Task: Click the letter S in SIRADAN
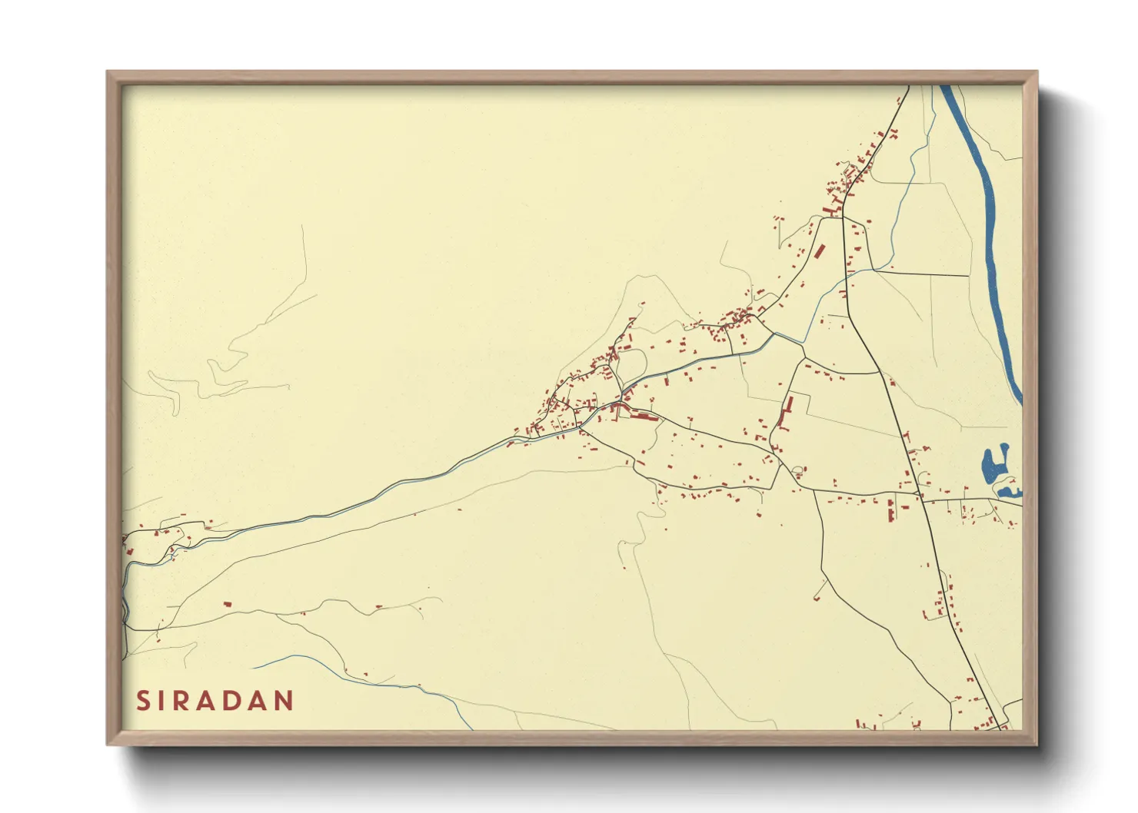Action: pyautogui.click(x=143, y=701)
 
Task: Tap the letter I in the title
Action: pyautogui.click(x=162, y=701)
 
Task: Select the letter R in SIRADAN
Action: pyautogui.click(x=182, y=701)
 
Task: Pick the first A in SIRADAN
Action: pyautogui.click(x=207, y=701)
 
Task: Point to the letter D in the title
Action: pyautogui.click(x=232, y=701)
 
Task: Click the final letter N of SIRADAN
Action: pyautogui.click(x=284, y=701)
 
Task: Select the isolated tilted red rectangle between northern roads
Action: pyautogui.click(x=819, y=251)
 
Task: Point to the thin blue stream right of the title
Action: pyautogui.click(x=369, y=675)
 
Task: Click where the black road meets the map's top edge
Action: pyautogui.click(x=908, y=86)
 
